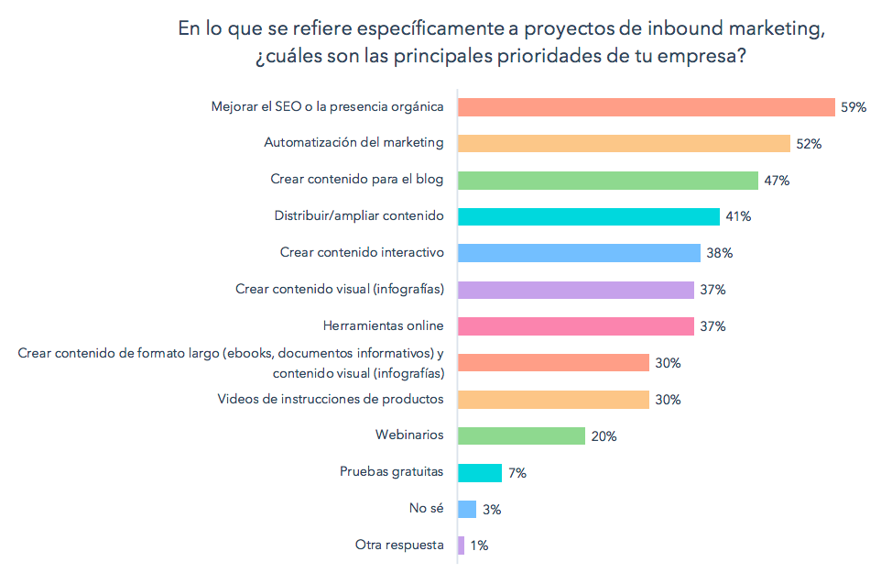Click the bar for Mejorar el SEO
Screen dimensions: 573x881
(646, 106)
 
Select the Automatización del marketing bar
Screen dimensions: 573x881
(623, 143)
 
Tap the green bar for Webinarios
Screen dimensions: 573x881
(520, 435)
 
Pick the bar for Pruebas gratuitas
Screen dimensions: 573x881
(479, 472)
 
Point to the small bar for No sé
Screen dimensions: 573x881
(466, 509)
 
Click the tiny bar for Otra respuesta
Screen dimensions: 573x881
(461, 545)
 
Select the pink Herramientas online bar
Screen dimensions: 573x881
(575, 326)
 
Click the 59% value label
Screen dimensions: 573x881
(854, 107)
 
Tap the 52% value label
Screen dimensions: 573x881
(809, 144)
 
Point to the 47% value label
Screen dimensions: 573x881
(777, 181)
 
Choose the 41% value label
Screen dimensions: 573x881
(738, 216)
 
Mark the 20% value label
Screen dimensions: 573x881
(604, 436)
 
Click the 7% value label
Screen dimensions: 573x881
(517, 473)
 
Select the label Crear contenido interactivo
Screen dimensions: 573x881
(361, 252)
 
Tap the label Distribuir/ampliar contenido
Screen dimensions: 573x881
(359, 215)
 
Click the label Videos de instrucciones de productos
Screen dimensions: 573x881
(330, 399)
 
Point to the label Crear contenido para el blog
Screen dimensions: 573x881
(356, 179)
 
